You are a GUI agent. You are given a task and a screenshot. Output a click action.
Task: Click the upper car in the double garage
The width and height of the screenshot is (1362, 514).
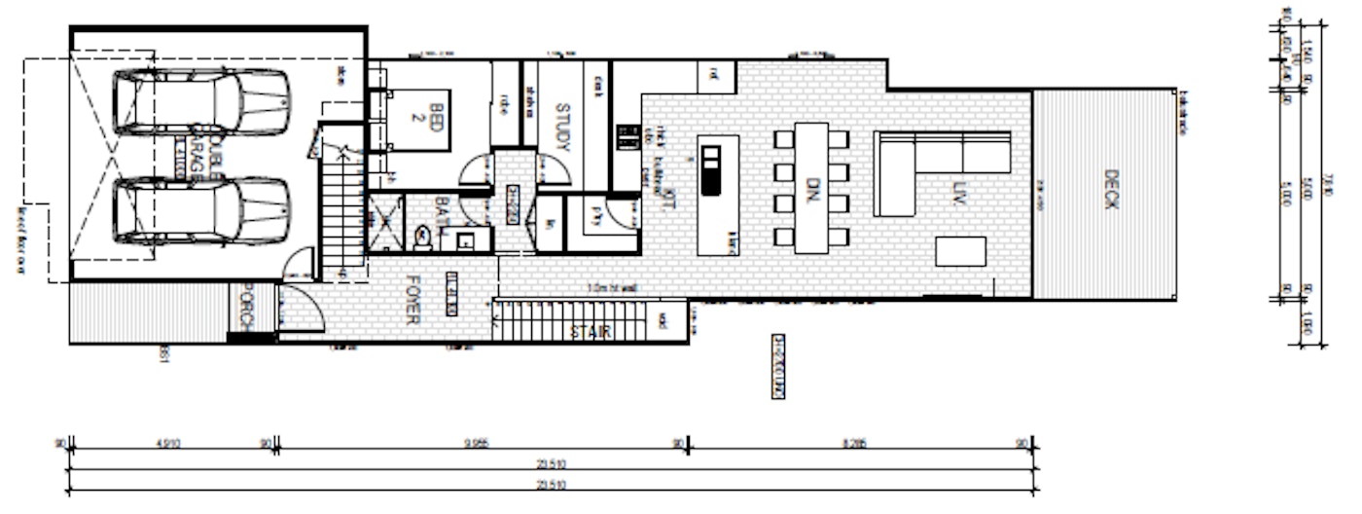[202, 101]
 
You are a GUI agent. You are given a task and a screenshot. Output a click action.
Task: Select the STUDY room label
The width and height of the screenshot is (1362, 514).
[561, 126]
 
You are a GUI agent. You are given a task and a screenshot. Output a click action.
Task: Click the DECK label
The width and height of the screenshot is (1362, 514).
[1112, 189]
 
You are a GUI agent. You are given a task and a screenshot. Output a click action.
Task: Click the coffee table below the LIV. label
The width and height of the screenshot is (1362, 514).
[960, 251]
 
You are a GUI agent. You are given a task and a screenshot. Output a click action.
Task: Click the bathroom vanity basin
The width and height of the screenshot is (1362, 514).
[465, 239]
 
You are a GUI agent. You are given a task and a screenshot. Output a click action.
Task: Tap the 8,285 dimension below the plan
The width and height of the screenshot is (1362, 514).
[857, 443]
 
